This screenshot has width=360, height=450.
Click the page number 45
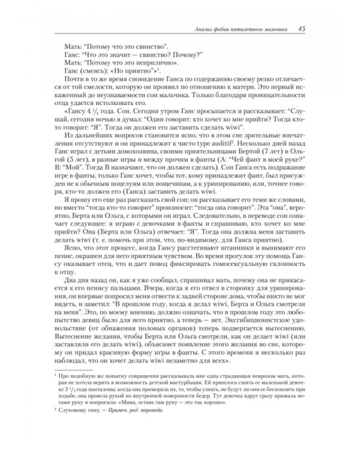coord(302,28)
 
